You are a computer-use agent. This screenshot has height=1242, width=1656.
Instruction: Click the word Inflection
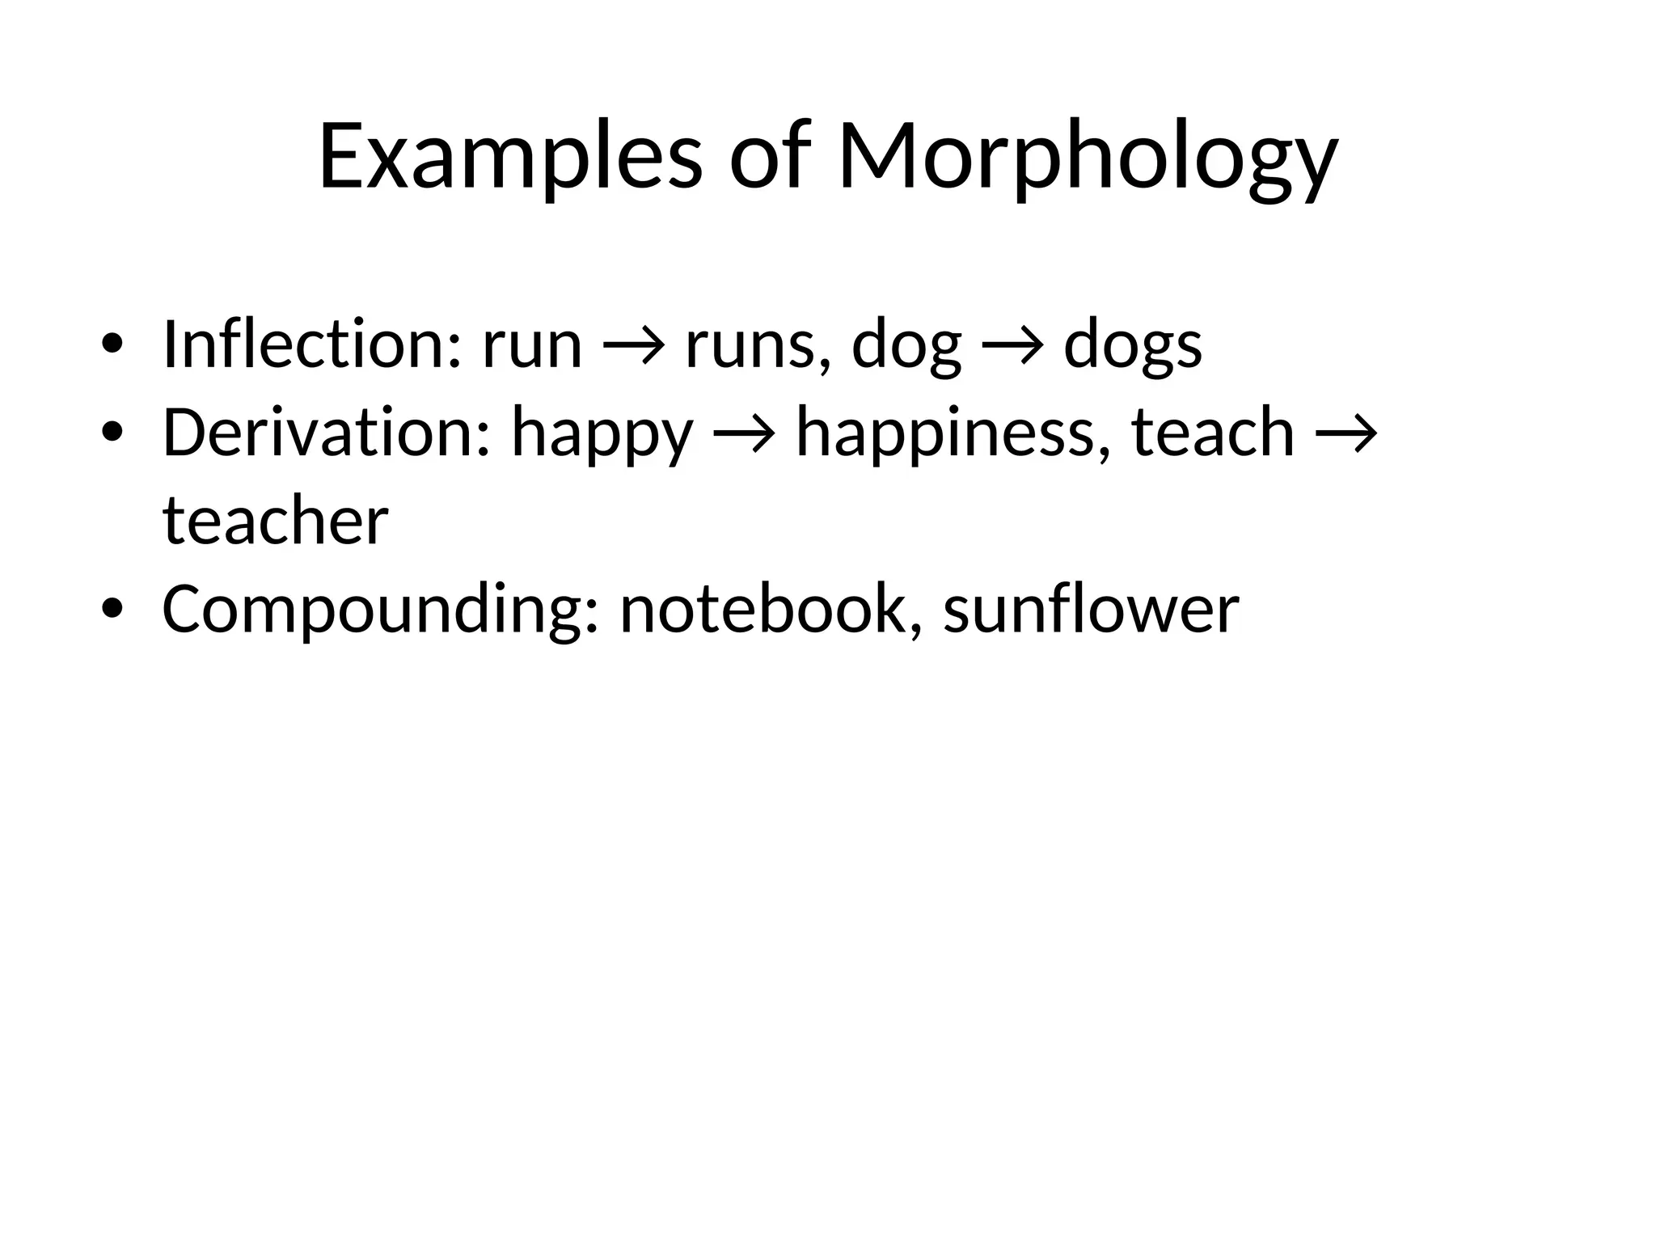click(x=312, y=344)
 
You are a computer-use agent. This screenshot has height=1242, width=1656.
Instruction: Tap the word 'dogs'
click(x=1132, y=346)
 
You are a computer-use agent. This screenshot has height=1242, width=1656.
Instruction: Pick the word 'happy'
click(x=602, y=434)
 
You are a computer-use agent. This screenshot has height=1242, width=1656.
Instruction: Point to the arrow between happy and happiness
click(x=745, y=435)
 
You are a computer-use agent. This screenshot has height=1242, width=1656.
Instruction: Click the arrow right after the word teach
click(x=1345, y=435)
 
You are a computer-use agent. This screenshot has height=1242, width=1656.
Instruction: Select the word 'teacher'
click(x=276, y=521)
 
